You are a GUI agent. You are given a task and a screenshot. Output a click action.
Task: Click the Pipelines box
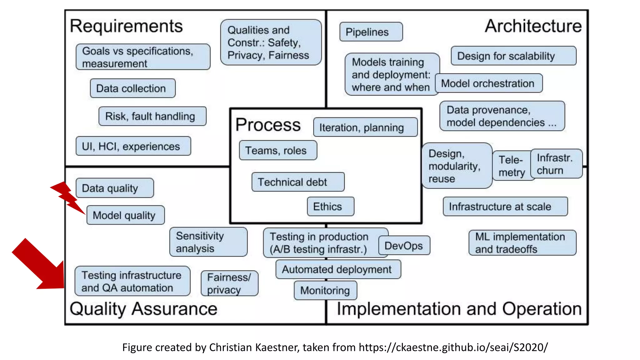coord(371,32)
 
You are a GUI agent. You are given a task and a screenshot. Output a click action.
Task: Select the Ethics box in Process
coord(330,207)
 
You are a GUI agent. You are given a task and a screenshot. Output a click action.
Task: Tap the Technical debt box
coord(298,182)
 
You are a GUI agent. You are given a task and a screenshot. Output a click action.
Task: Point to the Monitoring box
coord(325,290)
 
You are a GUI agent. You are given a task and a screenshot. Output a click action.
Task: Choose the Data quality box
coord(115,188)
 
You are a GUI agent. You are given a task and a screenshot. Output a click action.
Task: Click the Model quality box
coord(125,215)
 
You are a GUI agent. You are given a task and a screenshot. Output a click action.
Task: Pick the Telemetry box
coord(511,166)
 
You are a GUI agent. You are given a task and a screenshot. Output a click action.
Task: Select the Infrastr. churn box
coord(556,164)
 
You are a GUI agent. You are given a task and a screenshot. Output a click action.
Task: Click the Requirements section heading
coord(126,26)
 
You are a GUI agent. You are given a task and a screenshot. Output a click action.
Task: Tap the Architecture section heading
coord(533,26)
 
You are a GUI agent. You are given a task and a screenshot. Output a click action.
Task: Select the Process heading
coord(268,125)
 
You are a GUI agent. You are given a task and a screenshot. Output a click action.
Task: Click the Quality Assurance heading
coord(143,309)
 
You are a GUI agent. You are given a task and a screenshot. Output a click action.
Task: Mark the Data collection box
coord(132,88)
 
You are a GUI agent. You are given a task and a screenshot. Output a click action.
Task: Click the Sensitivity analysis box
coord(208,242)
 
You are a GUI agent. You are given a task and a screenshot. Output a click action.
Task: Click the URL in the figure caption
coord(453,347)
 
